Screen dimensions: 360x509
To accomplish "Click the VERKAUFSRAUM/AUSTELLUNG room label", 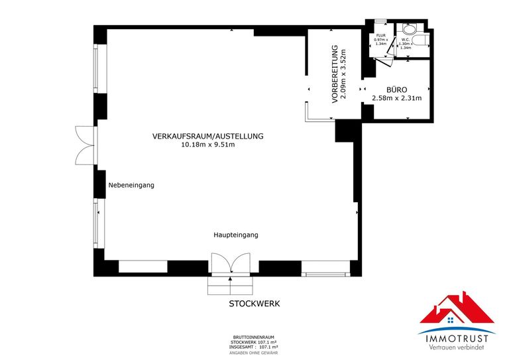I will [208, 136].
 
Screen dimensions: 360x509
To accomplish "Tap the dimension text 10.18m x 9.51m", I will [208, 145].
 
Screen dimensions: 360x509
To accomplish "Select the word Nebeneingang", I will [131, 186].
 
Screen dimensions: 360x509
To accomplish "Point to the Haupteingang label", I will [235, 235].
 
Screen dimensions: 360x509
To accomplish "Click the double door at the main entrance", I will [229, 265].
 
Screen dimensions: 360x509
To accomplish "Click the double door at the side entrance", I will [85, 145].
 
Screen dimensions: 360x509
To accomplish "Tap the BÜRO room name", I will [396, 90].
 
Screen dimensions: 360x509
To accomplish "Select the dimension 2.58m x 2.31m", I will [396, 98].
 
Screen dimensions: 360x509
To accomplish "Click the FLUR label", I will [380, 35].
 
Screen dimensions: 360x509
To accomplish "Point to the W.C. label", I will [406, 39].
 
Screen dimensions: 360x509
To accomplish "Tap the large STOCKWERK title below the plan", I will [254, 304].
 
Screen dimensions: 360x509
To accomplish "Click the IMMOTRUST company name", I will [457, 339].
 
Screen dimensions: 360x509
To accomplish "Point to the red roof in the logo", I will [457, 308].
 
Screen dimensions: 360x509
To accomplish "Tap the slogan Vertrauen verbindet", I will [457, 349].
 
